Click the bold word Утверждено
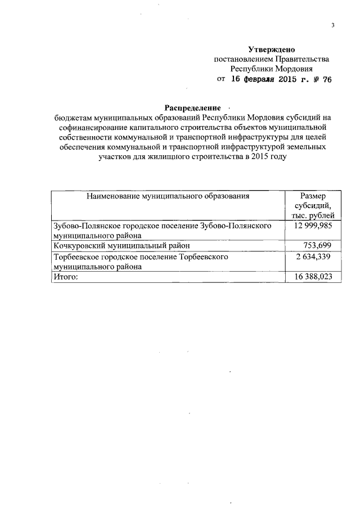tap(272, 49)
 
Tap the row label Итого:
tap(65, 277)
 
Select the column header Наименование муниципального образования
tap(168, 196)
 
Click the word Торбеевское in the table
tap(76, 256)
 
